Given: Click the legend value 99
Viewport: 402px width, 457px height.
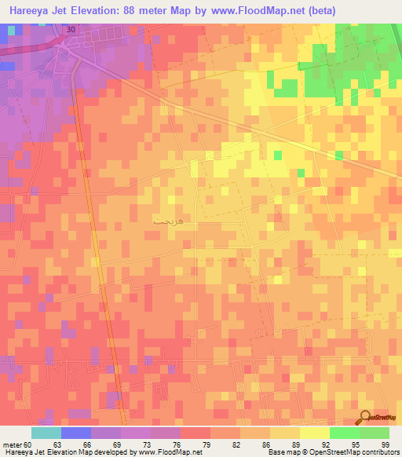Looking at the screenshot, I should pyautogui.click(x=386, y=444).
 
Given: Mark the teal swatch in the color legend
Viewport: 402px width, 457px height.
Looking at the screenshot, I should pyautogui.click(x=46, y=433).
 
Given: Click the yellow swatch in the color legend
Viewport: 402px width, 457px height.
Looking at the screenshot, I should pyautogui.click(x=315, y=433).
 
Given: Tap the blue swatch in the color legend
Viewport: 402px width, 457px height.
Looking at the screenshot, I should pyautogui.click(x=75, y=433).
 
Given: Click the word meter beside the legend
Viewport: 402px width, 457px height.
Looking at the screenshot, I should pyautogui.click(x=13, y=444).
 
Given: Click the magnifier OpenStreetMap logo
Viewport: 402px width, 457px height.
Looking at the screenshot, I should pyautogui.click(x=364, y=419).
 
